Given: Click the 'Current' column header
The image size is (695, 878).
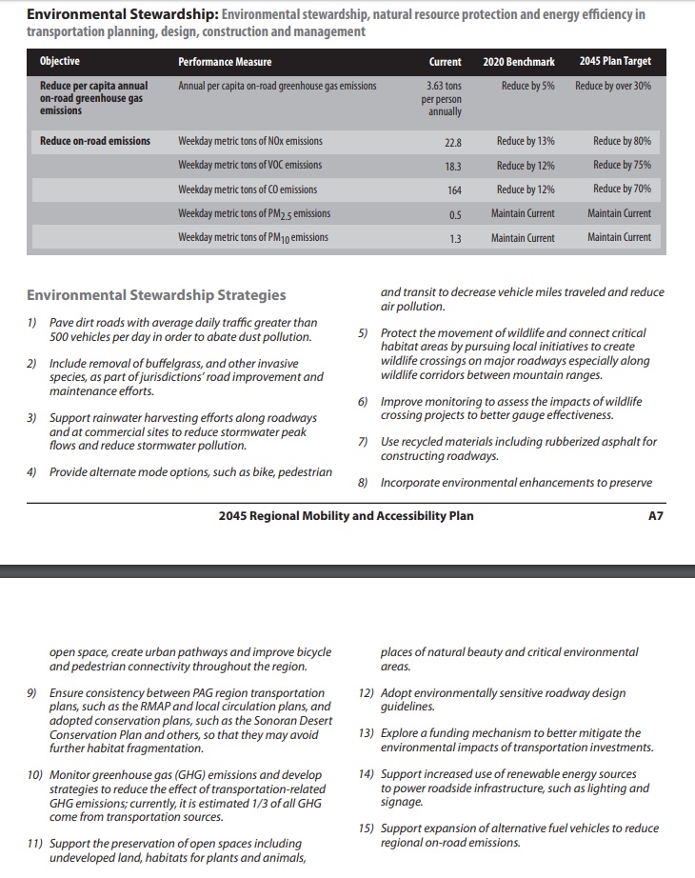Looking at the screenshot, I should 445,62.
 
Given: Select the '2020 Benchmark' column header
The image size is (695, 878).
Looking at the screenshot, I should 519,62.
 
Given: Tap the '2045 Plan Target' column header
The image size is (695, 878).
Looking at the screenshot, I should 615,62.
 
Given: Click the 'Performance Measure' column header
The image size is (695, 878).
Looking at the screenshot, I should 225,62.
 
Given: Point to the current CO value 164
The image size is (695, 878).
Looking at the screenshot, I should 454,190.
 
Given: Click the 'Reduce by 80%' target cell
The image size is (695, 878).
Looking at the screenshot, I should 622,141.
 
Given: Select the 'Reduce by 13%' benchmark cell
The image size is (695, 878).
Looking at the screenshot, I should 526,141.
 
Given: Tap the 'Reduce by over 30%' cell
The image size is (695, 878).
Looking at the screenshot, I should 613,86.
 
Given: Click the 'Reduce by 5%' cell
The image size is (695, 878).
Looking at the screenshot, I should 527,86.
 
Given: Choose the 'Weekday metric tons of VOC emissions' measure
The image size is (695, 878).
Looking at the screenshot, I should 250,165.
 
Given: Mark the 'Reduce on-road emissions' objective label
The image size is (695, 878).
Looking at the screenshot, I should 95,141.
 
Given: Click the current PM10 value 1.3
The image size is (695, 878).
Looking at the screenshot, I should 455,238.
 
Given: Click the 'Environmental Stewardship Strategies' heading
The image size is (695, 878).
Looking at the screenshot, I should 156,295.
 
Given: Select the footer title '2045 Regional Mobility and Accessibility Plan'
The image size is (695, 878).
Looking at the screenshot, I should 346,516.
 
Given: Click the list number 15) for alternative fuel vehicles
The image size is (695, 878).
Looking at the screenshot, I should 367,829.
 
